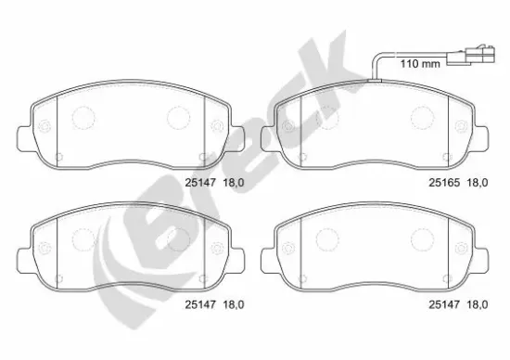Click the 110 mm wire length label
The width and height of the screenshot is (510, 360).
tap(420, 63)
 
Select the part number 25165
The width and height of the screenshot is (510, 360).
tap(444, 183)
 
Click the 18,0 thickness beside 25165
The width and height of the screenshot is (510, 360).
tap(478, 183)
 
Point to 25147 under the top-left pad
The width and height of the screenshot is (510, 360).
tap(200, 183)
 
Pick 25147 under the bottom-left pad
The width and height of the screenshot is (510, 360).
tap(200, 304)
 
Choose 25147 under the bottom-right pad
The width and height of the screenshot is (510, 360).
tap(444, 304)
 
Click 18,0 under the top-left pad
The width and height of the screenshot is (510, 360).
tap(234, 183)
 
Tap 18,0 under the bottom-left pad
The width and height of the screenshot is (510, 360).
tap(234, 304)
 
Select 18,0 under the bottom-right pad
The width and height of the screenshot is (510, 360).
tap(478, 304)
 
